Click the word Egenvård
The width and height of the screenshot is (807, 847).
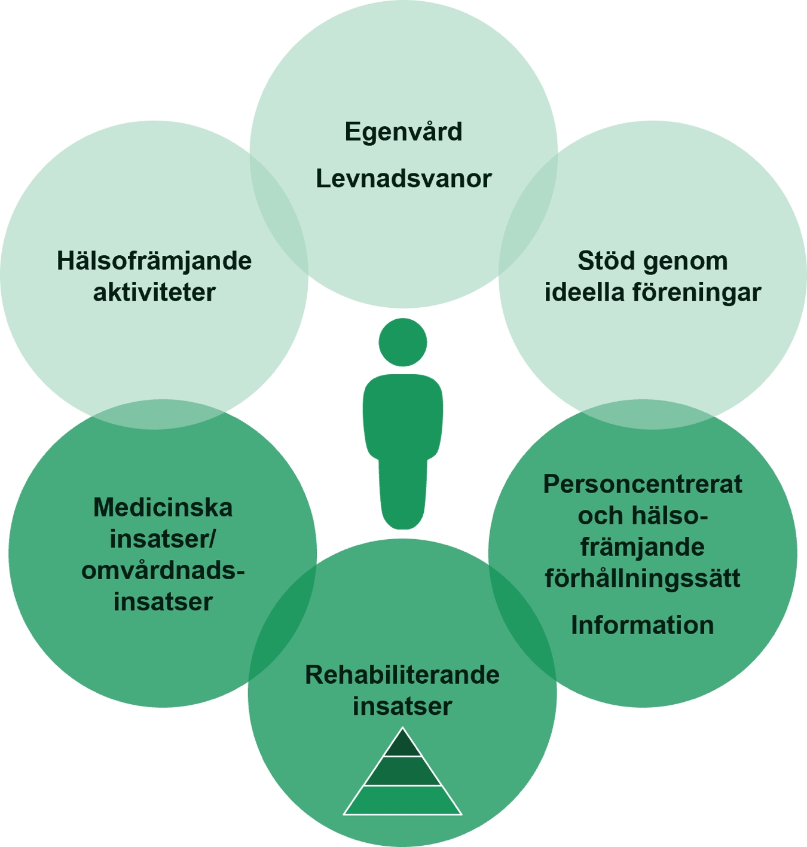tap(403, 132)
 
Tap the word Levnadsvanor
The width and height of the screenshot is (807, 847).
tap(403, 179)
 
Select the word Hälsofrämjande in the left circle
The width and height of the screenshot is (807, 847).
tap(154, 261)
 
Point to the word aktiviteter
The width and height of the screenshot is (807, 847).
tap(154, 293)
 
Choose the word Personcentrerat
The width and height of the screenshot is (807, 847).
tap(643, 484)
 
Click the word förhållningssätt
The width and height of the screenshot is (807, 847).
tap(643, 579)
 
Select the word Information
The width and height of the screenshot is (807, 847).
tap(643, 625)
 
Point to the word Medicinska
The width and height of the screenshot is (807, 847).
tap(163, 507)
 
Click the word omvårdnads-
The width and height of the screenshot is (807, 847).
tap(163, 570)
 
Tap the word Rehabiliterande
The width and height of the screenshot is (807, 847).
tap(402, 675)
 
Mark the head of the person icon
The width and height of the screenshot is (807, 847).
tap(403, 342)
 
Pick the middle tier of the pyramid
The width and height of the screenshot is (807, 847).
tap(403, 770)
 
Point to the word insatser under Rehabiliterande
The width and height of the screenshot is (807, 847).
tap(402, 706)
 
